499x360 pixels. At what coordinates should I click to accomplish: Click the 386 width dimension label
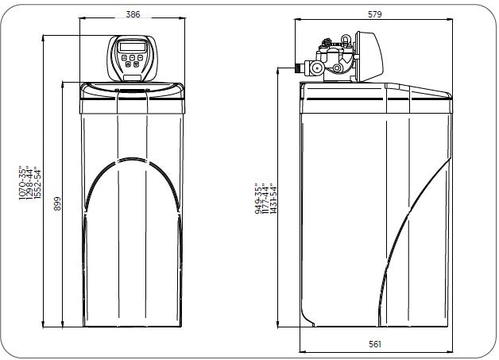point(133,14)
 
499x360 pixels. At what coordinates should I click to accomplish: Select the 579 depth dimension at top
point(374,14)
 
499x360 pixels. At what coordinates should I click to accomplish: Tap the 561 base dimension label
point(375,344)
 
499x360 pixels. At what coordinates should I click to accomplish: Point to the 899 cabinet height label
point(57,203)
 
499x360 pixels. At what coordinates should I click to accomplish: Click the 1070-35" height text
point(22,183)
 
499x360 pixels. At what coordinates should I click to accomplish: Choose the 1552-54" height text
point(37,183)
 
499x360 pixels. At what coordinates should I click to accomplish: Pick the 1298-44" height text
point(30,183)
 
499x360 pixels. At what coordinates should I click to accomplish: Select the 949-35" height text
point(258,199)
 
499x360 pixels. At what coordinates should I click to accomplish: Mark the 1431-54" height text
point(273,199)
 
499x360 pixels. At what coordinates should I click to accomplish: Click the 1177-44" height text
point(265,199)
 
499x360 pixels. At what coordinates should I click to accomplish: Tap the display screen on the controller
point(132,47)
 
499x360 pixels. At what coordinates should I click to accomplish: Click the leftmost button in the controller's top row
point(124,57)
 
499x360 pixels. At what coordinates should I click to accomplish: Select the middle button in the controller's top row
point(132,57)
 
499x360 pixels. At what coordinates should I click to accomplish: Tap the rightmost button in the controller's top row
point(140,57)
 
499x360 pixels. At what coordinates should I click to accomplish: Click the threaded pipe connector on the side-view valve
point(300,68)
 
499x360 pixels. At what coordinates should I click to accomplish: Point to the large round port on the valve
point(317,68)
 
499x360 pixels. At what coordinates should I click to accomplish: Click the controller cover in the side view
point(369,56)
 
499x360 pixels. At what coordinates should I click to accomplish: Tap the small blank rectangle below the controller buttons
point(132,77)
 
